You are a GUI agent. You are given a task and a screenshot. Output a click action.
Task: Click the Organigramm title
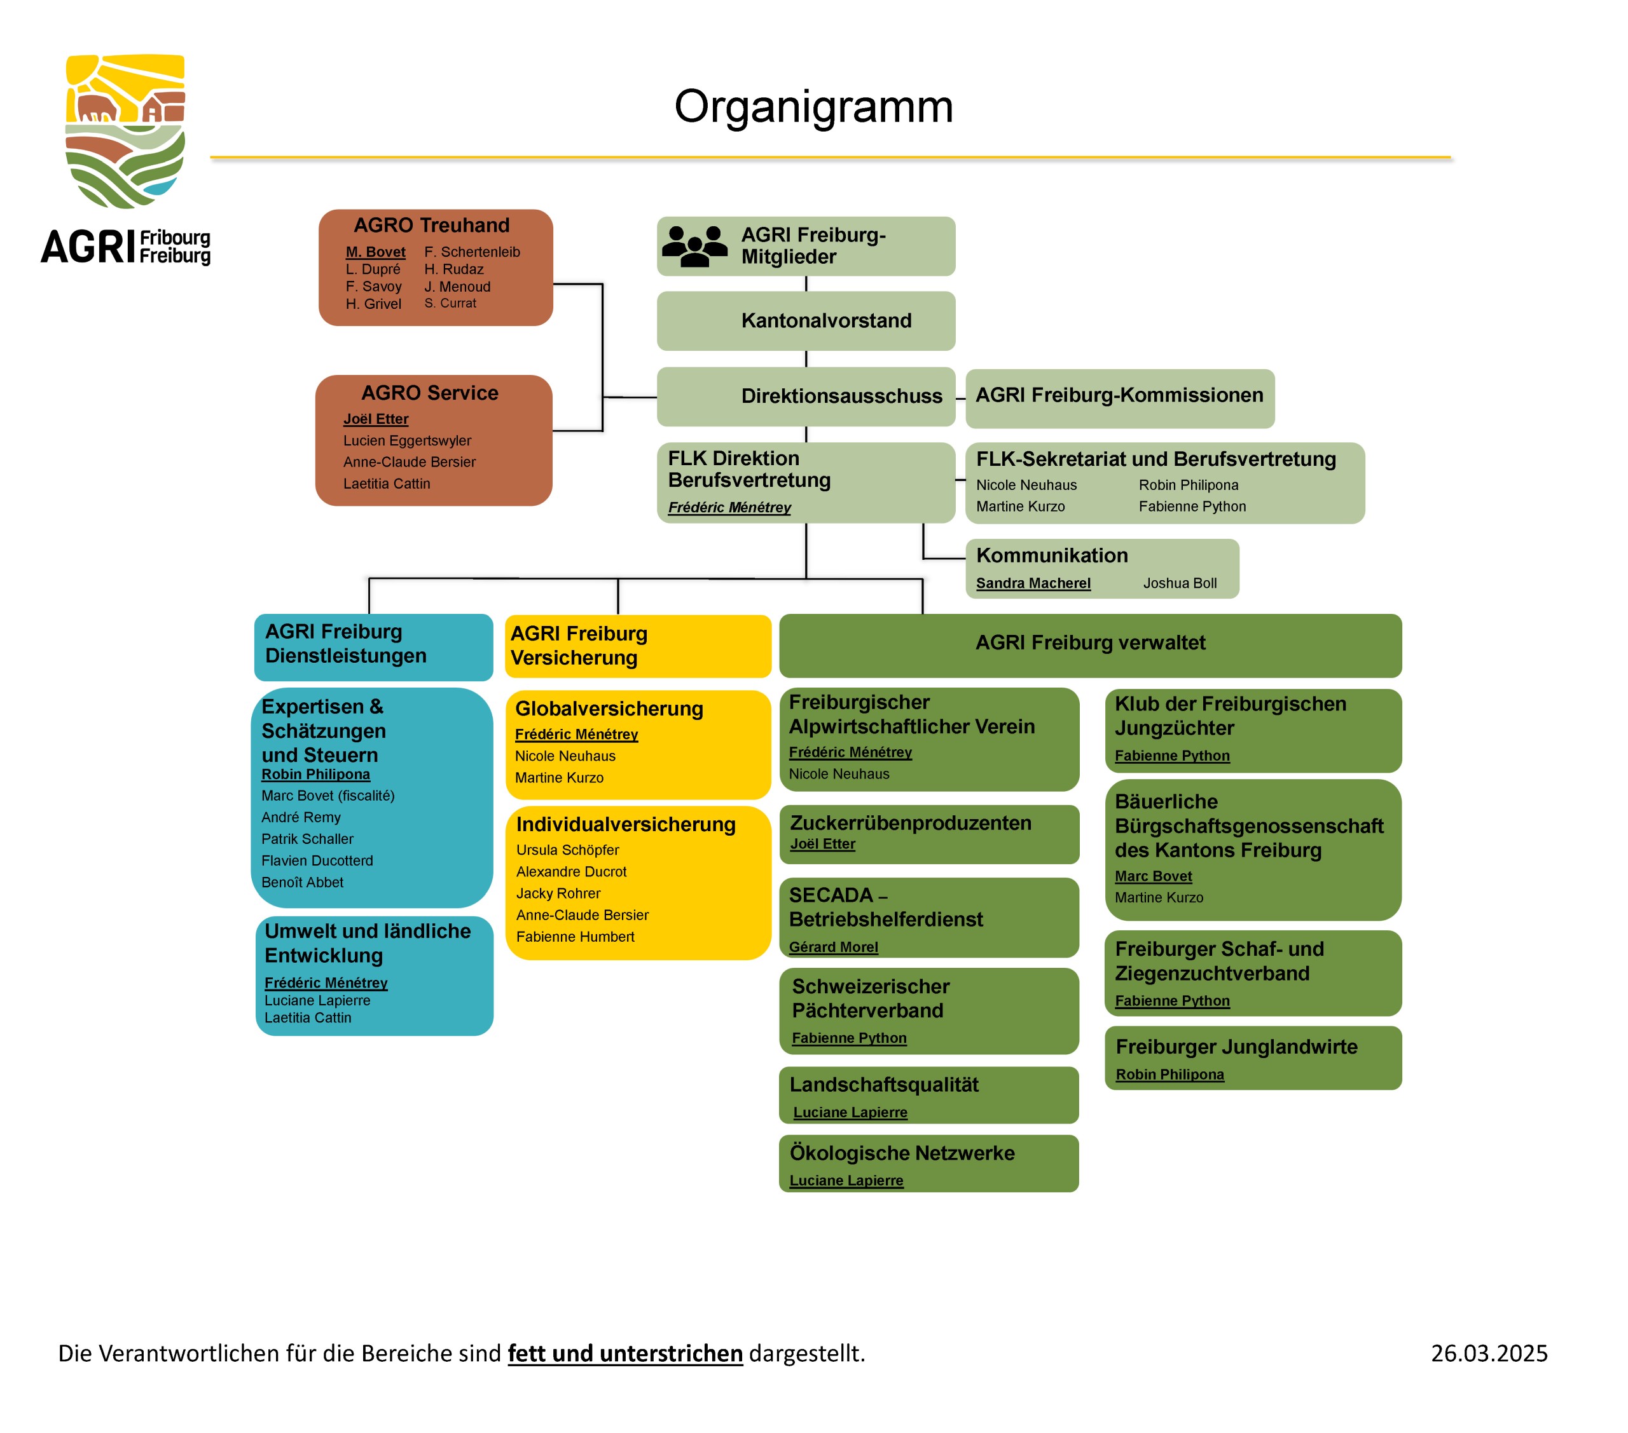coord(813,106)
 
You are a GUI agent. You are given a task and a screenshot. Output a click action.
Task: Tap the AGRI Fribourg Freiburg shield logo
coord(125,132)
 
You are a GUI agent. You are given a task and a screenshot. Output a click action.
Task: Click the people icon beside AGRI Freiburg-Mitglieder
coord(694,246)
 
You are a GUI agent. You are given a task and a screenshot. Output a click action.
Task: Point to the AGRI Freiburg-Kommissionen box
coord(1119,396)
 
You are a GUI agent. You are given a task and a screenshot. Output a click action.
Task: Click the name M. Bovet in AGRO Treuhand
coord(375,252)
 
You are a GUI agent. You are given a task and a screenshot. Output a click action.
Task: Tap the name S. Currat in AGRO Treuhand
coord(450,303)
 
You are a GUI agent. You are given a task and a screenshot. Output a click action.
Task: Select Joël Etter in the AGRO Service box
coord(375,419)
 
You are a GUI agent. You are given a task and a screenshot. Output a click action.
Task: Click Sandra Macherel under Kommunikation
coord(1033,583)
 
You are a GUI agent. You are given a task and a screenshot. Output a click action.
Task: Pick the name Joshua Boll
coord(1180,583)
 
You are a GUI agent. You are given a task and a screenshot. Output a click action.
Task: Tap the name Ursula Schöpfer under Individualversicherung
coord(567,850)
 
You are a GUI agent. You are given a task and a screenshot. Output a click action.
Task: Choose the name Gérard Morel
coord(833,947)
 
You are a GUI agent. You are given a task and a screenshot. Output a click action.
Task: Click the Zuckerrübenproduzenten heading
coord(911,822)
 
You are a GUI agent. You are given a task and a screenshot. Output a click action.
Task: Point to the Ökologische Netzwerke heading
coord(902,1153)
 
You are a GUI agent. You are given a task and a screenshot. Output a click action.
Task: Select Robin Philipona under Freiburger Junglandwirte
coord(1169,1074)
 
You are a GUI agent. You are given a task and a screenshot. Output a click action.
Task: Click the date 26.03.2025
coord(1489,1354)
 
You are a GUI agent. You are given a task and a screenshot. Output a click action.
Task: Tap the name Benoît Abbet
coord(302,882)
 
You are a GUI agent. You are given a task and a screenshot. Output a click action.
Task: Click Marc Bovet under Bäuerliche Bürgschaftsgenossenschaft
coord(1152,876)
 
